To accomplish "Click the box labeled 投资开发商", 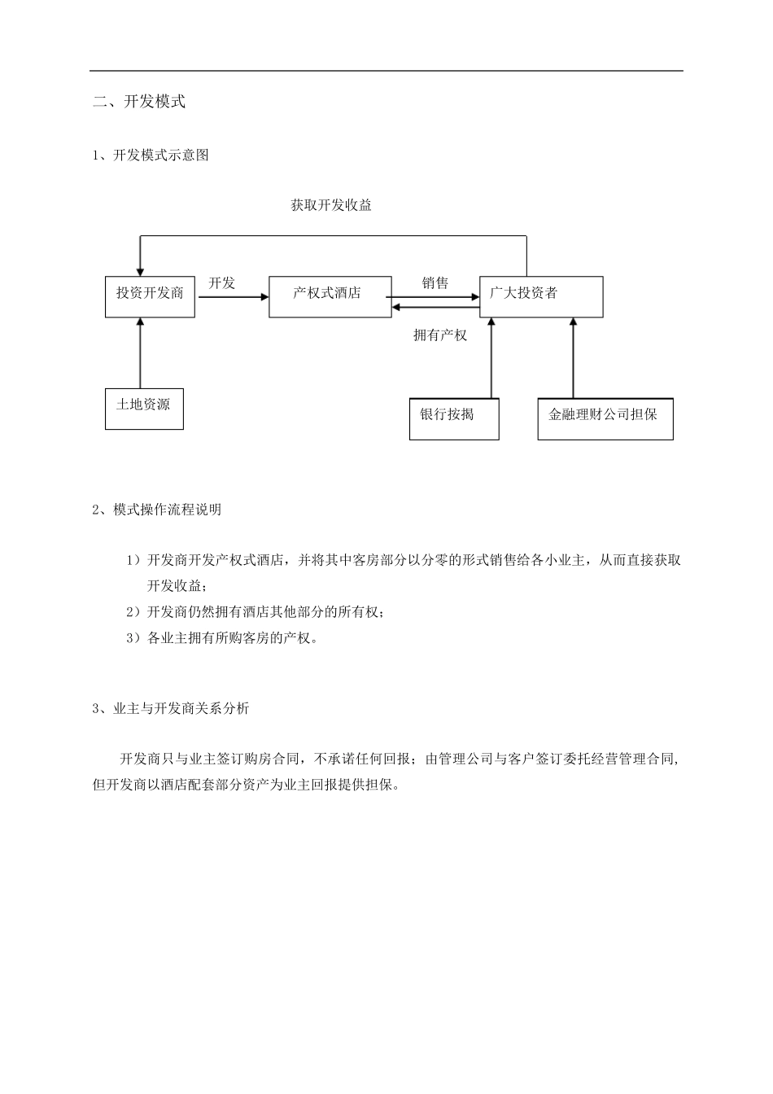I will [150, 297].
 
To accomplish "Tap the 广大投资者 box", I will [541, 296].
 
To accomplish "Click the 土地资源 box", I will [144, 409].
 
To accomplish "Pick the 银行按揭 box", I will [454, 418].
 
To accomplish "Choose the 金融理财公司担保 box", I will [605, 418].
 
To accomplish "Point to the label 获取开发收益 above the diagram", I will [331, 205].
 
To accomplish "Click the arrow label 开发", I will [221, 282].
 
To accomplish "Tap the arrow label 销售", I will [435, 282].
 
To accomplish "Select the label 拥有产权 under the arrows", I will [440, 335].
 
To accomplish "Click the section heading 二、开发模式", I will [139, 102].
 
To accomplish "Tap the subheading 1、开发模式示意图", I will [151, 155].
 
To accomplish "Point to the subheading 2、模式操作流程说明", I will [157, 510].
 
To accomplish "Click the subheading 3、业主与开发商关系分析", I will [171, 708].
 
